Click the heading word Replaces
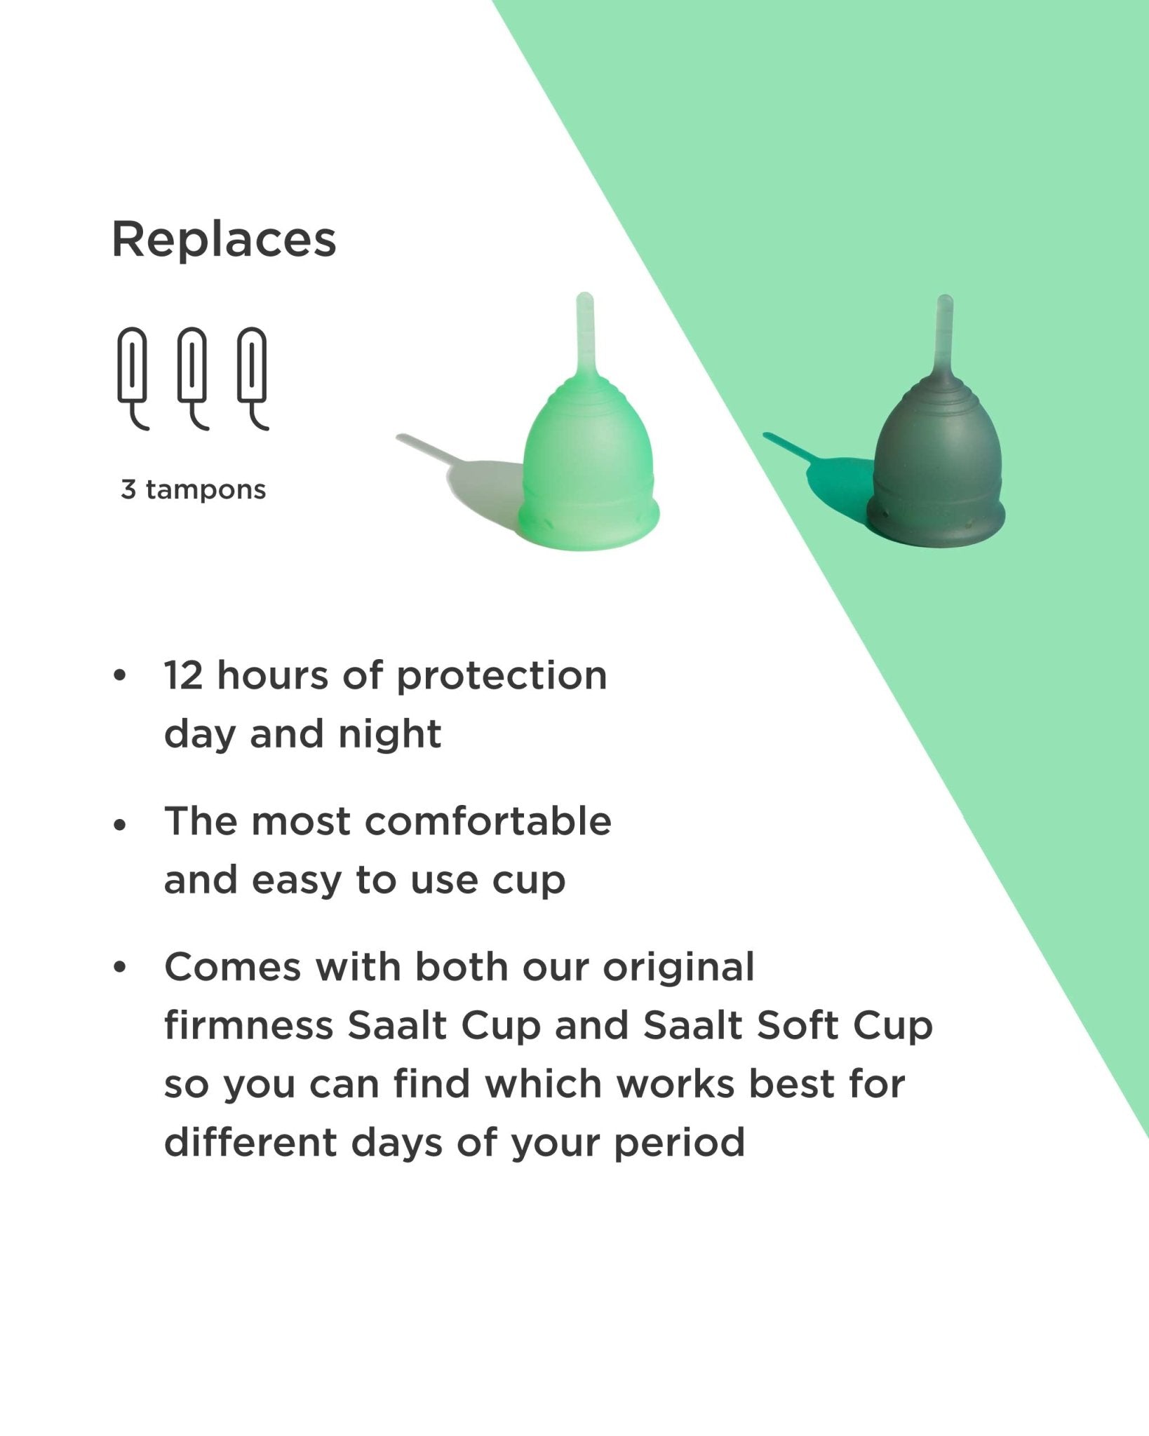click(224, 241)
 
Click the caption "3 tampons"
click(194, 489)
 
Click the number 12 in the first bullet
click(183, 675)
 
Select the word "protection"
click(502, 677)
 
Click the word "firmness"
click(248, 1026)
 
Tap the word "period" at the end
click(679, 1144)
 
